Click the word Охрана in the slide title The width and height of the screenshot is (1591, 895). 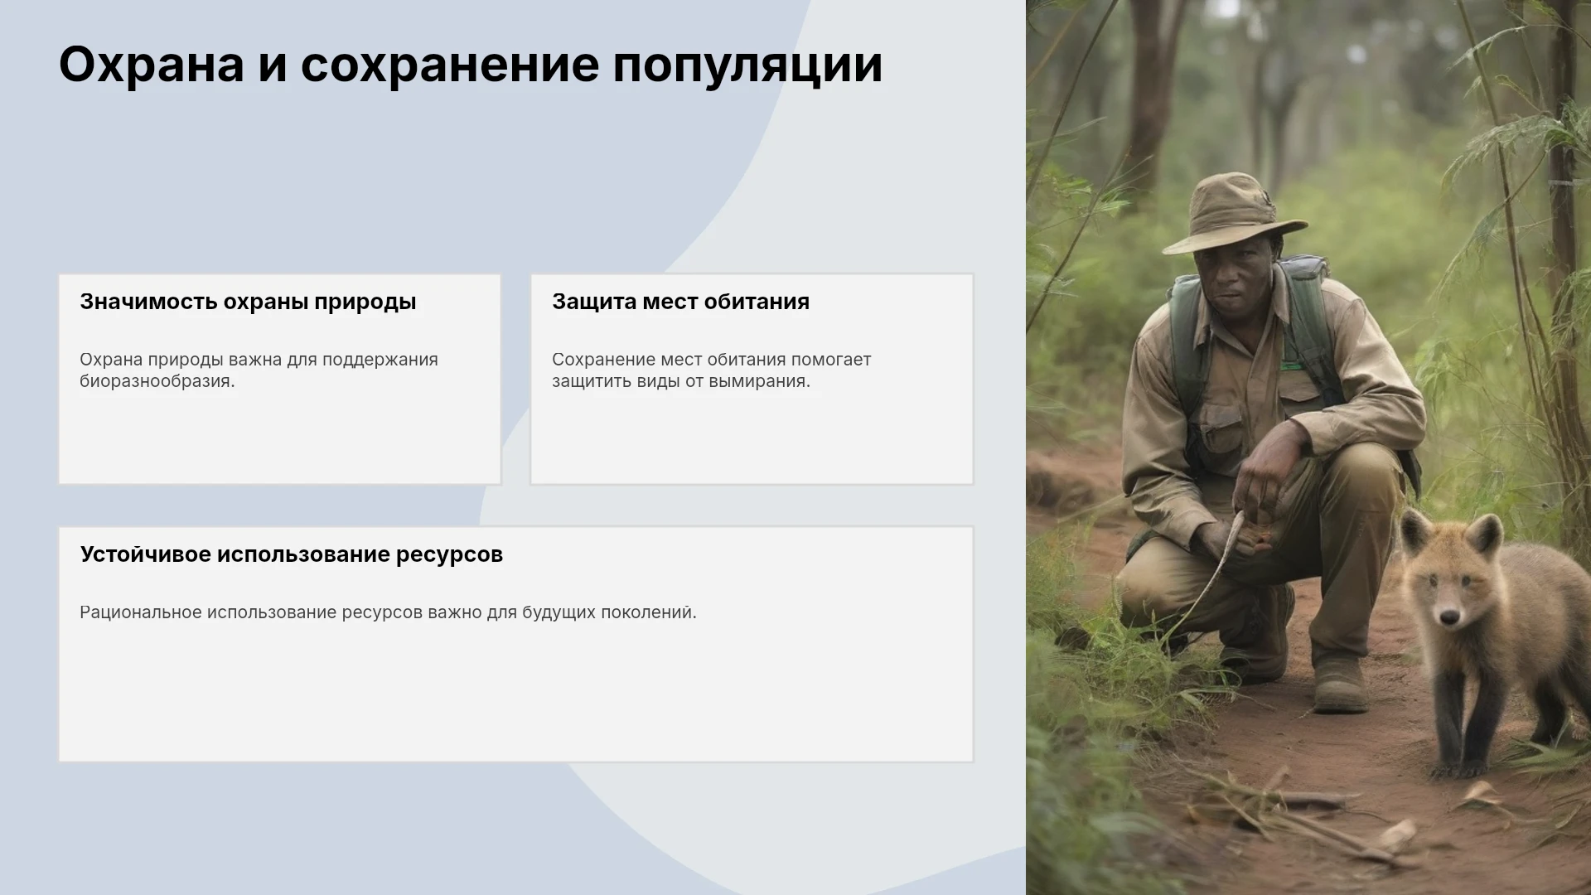click(x=152, y=64)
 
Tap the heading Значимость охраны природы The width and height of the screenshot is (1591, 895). click(x=248, y=302)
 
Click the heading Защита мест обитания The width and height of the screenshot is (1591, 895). click(x=680, y=302)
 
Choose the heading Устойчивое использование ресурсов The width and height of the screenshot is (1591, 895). click(x=292, y=554)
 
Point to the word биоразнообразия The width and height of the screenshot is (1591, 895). click(x=157, y=382)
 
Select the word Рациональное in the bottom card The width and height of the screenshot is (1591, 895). click(x=141, y=612)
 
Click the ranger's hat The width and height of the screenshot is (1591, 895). click(x=1233, y=213)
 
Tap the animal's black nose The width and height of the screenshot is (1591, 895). click(x=1449, y=617)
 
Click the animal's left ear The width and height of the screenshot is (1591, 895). click(x=1417, y=533)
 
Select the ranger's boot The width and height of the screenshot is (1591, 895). click(x=1340, y=684)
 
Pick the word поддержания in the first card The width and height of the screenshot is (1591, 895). click(x=380, y=360)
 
